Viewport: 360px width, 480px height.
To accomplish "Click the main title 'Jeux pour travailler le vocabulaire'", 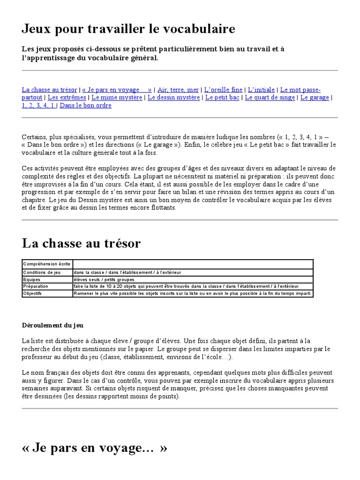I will click(x=128, y=30).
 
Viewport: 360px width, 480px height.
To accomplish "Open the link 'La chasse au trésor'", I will click(x=49, y=90).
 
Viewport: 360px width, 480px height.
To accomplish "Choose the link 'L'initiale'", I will click(x=261, y=90).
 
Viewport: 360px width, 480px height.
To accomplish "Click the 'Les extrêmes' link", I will click(x=67, y=97).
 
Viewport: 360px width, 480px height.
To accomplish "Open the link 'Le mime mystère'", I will click(x=117, y=97).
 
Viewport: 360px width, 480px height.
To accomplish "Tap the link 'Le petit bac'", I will click(x=223, y=97).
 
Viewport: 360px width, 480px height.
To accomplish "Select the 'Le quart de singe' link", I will click(x=270, y=97).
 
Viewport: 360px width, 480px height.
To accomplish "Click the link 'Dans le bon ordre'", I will click(x=86, y=105).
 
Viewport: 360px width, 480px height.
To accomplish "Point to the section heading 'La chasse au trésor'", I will click(x=81, y=243).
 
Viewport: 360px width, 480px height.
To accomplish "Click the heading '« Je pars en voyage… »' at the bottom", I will click(x=94, y=448).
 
